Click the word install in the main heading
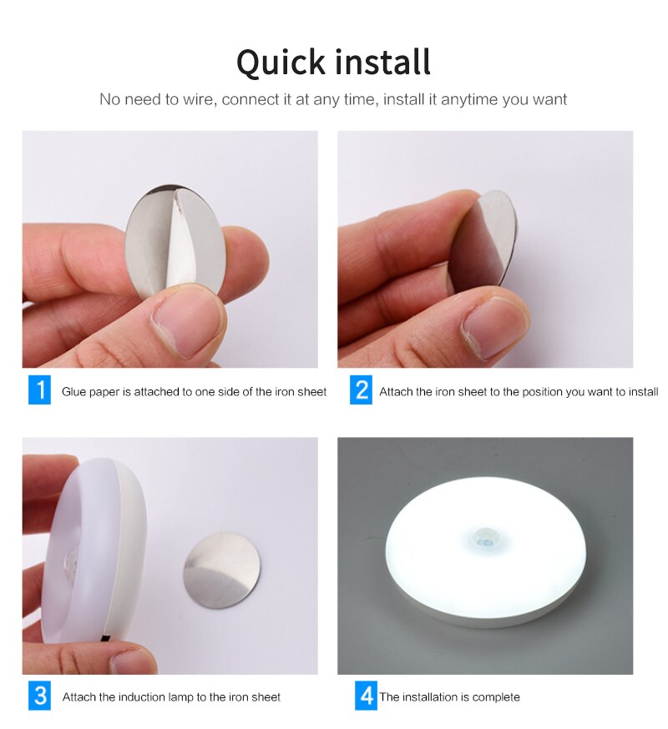[382, 63]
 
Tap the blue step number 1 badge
[39, 390]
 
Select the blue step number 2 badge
[361, 390]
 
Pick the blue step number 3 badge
[39, 696]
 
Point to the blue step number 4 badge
[366, 696]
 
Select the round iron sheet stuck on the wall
[221, 571]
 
